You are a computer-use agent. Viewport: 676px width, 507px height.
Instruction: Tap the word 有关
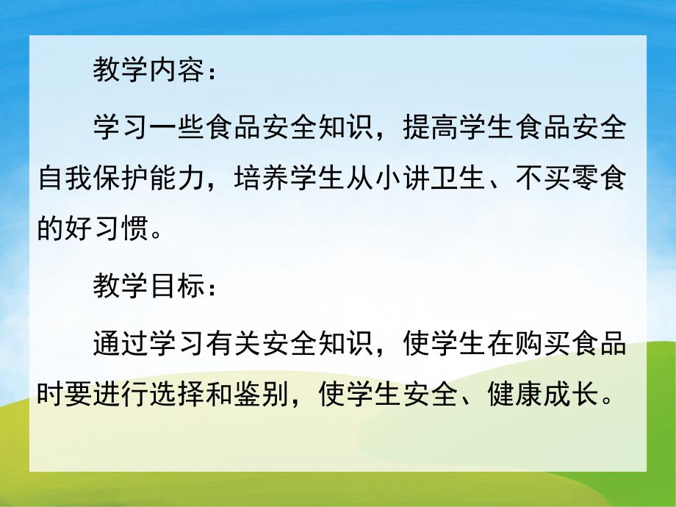[234, 345]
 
